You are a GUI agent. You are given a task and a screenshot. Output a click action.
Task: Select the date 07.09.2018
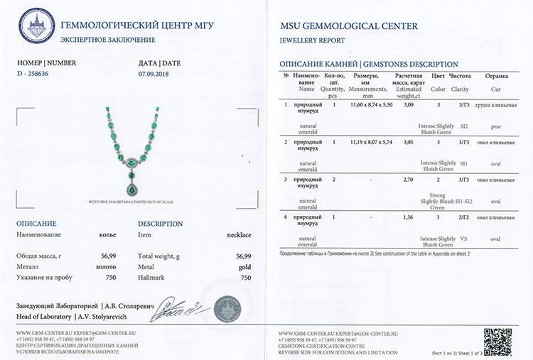tap(154, 74)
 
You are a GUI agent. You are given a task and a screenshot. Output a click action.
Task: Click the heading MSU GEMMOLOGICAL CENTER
tap(349, 26)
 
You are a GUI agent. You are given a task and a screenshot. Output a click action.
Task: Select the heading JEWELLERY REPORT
tap(313, 40)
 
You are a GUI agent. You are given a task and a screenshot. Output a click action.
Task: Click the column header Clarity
tap(459, 89)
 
